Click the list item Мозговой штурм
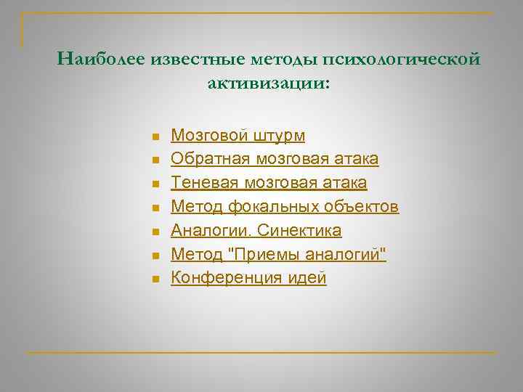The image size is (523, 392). [238, 136]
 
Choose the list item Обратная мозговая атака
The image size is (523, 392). [274, 158]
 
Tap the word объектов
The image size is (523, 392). [362, 206]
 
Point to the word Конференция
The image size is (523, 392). [220, 277]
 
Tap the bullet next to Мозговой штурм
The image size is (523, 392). [155, 136]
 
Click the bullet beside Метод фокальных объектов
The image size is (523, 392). [155, 208]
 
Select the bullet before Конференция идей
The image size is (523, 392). [155, 279]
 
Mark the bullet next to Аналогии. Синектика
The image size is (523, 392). [155, 232]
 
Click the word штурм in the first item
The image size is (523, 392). [280, 136]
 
